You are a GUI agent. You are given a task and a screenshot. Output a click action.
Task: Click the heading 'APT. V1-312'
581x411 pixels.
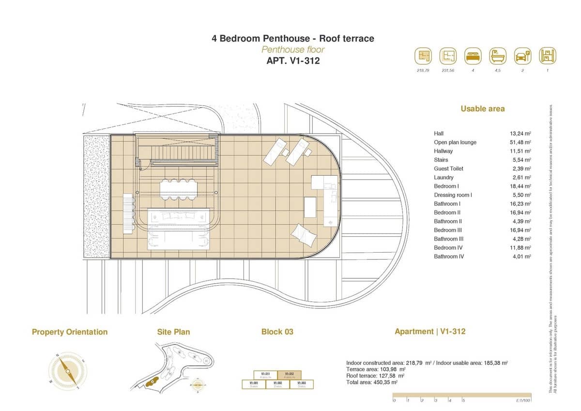click(x=292, y=61)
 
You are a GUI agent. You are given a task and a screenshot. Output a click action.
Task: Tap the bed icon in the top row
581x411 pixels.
click(x=473, y=56)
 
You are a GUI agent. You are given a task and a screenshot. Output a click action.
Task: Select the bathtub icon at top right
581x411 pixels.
click(x=498, y=56)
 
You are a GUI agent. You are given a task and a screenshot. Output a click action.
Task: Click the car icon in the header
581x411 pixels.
click(x=523, y=56)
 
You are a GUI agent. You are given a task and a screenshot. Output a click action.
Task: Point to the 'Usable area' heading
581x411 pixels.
click(x=482, y=109)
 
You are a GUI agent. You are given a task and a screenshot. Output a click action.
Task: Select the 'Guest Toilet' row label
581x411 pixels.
click(x=448, y=168)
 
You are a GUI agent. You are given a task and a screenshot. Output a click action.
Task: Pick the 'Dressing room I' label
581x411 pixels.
click(x=453, y=195)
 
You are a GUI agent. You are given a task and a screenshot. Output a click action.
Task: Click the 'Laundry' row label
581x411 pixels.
click(x=443, y=178)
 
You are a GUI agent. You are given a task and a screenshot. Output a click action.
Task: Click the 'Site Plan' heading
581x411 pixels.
click(x=173, y=332)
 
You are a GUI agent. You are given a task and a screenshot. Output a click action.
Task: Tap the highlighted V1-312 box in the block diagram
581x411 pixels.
click(x=289, y=375)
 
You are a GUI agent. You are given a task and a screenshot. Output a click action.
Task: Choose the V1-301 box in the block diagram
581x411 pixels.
click(x=253, y=384)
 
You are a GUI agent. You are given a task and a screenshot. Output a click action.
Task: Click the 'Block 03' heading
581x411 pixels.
click(x=277, y=332)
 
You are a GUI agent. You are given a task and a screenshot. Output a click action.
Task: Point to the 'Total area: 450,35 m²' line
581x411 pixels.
click(x=372, y=382)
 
